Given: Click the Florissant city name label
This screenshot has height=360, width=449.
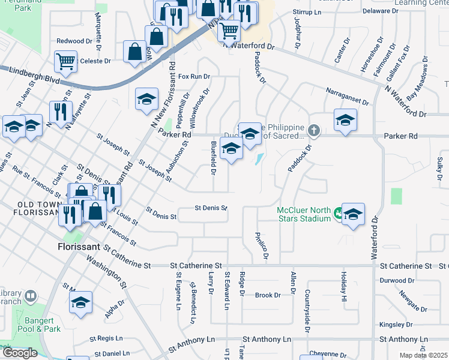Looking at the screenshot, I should coord(78,247).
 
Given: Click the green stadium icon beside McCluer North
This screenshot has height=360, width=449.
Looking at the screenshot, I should coord(339,212).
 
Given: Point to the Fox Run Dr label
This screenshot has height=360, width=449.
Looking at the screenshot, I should coord(194,77).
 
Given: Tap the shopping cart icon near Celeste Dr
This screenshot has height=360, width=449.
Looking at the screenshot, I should coord(65,61).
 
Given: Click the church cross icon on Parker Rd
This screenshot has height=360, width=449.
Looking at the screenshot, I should coord(313,130).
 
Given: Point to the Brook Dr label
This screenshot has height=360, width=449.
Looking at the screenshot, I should coord(268,295).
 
